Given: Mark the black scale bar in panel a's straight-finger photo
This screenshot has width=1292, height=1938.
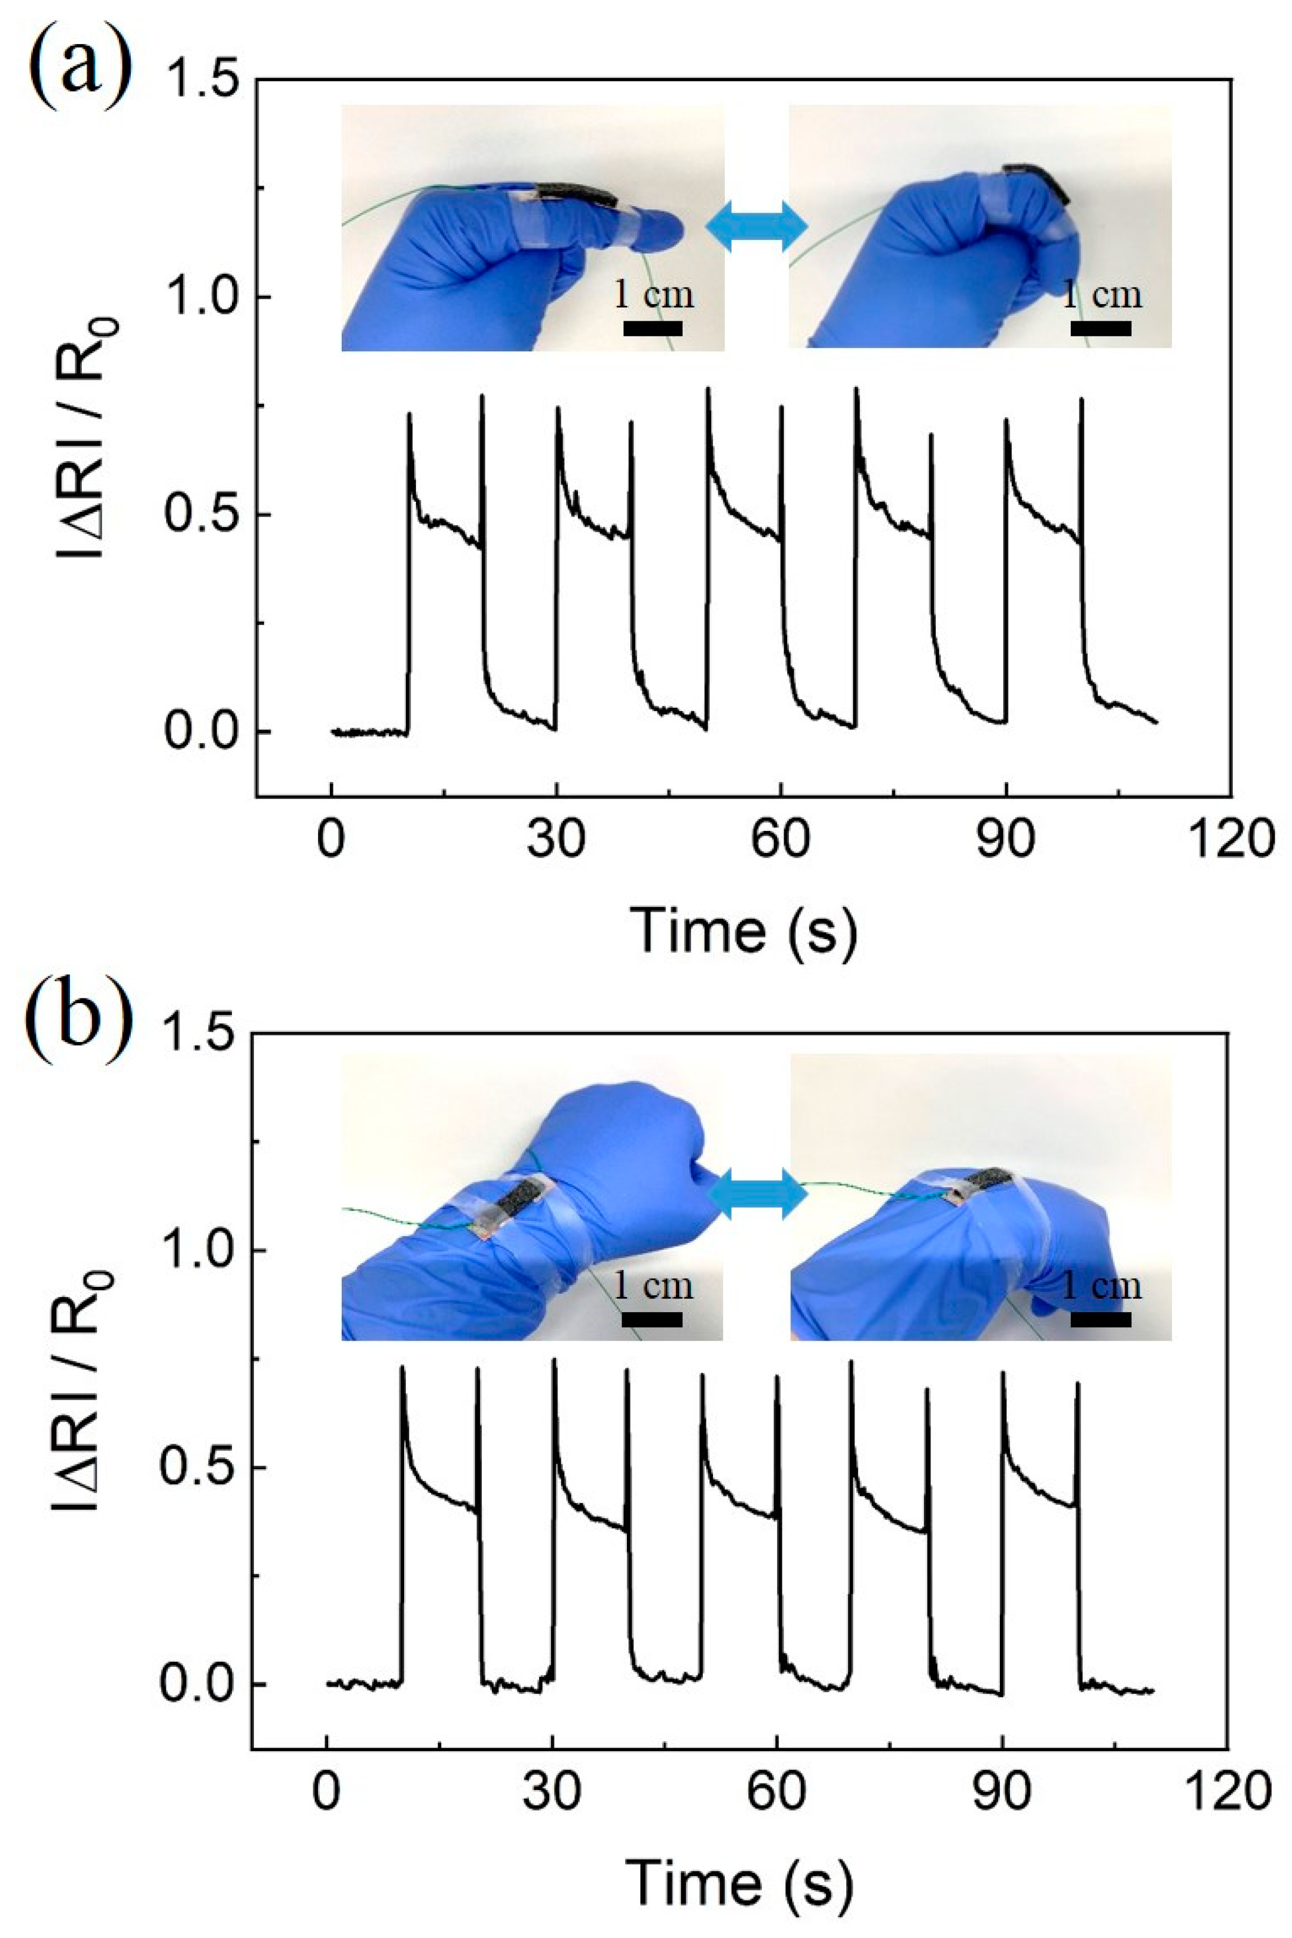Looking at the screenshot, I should [x=653, y=328].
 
